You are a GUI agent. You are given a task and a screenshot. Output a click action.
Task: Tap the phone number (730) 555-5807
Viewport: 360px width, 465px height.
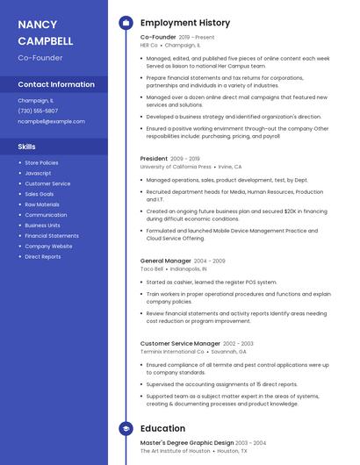click(38, 111)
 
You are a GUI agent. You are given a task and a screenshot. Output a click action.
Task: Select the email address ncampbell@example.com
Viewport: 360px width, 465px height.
click(52, 121)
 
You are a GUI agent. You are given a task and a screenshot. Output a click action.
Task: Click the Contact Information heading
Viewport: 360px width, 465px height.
click(56, 85)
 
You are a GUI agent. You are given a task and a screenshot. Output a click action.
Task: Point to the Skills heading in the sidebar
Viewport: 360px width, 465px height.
click(27, 147)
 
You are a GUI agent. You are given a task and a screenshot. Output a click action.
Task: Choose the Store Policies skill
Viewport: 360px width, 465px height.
click(41, 162)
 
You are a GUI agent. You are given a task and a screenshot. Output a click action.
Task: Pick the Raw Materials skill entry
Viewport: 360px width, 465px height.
click(42, 204)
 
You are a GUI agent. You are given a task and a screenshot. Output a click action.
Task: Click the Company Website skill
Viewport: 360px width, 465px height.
click(48, 247)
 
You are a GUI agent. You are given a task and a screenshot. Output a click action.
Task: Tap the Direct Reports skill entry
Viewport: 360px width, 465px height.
click(43, 257)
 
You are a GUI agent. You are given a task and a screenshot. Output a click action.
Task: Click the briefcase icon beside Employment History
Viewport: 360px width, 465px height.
click(126, 23)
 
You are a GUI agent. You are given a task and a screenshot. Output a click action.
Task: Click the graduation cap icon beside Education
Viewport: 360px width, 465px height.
click(126, 428)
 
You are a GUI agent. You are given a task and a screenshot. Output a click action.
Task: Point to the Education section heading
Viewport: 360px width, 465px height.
click(162, 428)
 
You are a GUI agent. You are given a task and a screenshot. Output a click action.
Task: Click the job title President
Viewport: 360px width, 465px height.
click(154, 159)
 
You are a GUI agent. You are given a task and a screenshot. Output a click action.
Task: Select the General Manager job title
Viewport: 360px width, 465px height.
click(165, 261)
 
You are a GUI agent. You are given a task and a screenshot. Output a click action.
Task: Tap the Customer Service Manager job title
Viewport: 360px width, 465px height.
click(180, 344)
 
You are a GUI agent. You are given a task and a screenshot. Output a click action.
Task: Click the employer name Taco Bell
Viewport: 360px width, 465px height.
click(153, 268)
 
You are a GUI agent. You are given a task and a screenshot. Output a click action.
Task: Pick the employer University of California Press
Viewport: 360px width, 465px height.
click(176, 167)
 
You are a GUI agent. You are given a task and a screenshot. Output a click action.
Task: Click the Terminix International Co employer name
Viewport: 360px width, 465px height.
click(172, 352)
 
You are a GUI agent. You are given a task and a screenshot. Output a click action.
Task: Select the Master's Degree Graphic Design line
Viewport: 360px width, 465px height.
click(187, 443)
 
